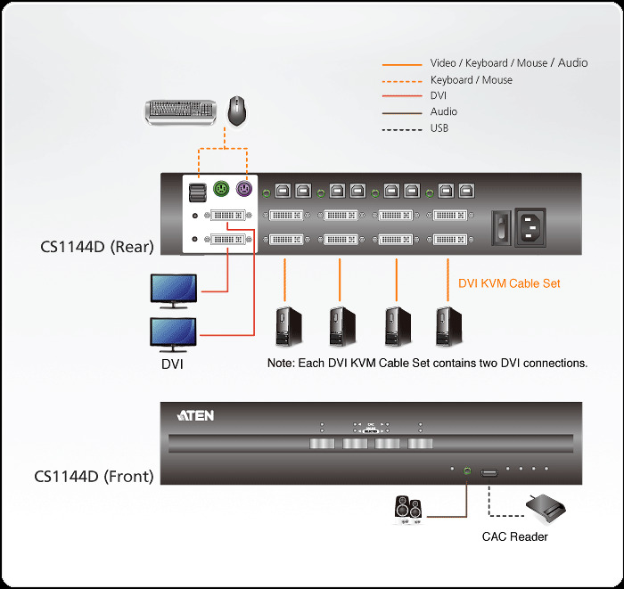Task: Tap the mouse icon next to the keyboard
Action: [x=237, y=110]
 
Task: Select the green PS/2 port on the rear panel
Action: [x=222, y=189]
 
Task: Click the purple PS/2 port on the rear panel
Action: [x=243, y=189]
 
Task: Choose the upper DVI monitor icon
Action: [x=175, y=290]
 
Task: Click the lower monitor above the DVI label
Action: [x=175, y=334]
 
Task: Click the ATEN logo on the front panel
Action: [x=196, y=415]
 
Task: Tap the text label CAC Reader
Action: [x=514, y=536]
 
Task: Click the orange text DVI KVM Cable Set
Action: [x=509, y=283]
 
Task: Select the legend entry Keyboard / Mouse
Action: [x=471, y=80]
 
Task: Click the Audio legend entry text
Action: [x=443, y=112]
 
